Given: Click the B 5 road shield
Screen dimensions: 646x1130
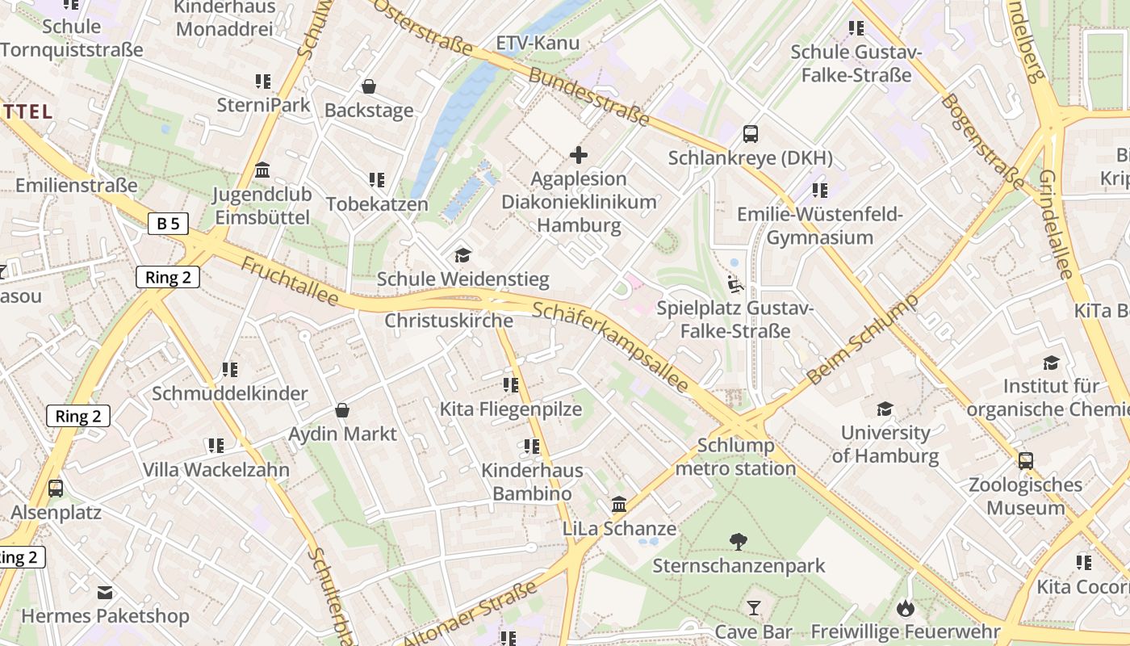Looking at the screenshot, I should click(168, 224).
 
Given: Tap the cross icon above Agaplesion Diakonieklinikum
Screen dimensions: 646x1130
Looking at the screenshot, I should click(579, 154).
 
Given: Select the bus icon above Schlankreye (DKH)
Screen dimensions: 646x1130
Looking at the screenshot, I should click(751, 133).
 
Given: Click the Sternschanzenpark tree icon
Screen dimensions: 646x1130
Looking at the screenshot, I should click(739, 541).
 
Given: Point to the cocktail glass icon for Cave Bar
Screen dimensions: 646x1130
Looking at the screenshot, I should click(754, 607).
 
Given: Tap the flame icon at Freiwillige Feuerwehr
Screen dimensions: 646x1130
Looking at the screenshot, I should click(906, 607).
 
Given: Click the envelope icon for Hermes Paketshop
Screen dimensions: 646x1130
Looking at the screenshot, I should click(105, 593).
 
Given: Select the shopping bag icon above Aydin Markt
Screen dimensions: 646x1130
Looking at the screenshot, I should click(342, 410).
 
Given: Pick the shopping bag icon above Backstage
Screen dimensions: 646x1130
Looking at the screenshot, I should click(369, 86).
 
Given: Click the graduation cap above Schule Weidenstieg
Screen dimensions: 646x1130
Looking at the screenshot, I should click(462, 255).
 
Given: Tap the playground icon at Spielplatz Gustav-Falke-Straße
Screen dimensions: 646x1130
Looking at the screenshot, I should click(734, 283).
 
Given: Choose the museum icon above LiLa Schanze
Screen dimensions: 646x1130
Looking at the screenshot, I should click(619, 505).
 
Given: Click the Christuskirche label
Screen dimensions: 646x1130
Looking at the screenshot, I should click(449, 321).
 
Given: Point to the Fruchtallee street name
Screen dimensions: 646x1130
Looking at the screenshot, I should click(290, 282).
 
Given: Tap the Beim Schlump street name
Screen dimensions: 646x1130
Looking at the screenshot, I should click(863, 339).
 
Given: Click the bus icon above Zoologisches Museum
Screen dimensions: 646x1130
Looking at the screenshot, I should click(1025, 461).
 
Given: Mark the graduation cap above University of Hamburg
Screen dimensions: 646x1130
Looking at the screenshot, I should click(885, 409).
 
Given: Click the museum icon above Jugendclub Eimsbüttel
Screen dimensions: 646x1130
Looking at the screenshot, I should click(262, 170).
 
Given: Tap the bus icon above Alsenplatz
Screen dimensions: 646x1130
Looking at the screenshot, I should click(56, 489).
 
